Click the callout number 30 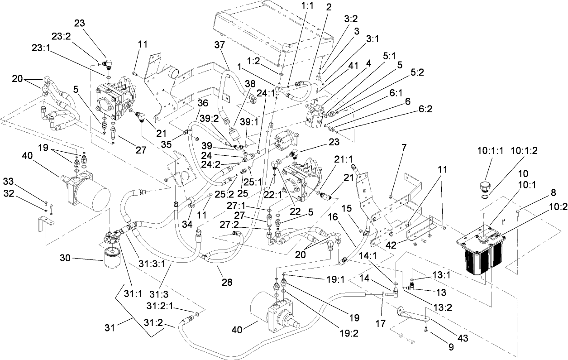(66, 258)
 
